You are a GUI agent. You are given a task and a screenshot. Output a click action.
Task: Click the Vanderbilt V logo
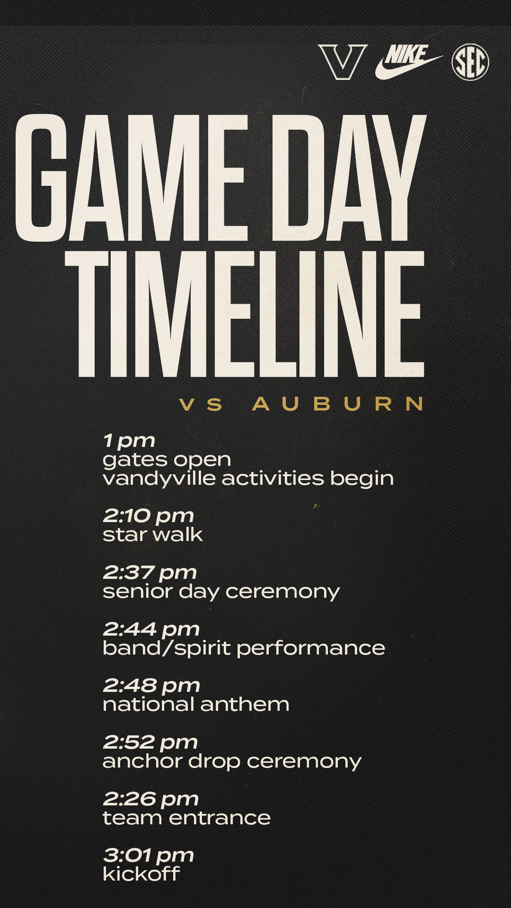343,62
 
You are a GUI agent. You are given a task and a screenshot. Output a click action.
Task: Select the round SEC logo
470,62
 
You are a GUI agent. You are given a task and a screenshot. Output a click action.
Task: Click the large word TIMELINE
244,314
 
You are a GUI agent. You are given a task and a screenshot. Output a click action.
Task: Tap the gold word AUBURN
338,404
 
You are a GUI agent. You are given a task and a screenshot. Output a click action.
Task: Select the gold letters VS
201,404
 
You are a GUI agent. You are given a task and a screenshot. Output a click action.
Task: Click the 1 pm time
129,441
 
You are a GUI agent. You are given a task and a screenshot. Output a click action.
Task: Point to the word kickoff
141,874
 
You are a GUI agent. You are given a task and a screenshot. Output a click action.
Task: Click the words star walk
153,535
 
